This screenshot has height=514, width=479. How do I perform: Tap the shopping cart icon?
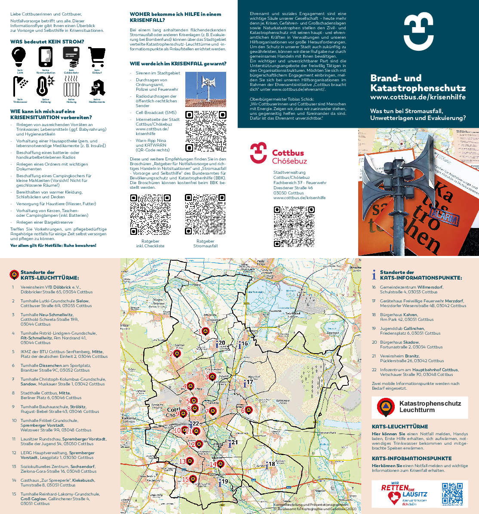pos(97,57)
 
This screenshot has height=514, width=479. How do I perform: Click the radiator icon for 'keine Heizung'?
pos(71,86)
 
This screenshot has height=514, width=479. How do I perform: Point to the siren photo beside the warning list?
pos(206,89)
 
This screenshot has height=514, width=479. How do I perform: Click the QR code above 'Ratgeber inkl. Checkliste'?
pos(150,214)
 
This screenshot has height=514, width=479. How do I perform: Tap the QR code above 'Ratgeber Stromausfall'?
pos(206,214)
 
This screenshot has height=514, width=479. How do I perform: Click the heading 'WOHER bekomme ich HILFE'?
pos(175,17)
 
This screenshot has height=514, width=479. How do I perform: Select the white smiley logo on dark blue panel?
pos(418,31)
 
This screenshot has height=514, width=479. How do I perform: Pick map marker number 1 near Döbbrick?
pos(205,331)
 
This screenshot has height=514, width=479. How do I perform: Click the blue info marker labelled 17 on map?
pos(246,383)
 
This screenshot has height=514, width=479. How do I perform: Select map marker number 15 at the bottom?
pos(193,479)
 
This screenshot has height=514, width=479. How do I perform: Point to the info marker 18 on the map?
pos(267,465)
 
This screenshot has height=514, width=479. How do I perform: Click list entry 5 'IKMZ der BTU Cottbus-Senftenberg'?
pos(64,354)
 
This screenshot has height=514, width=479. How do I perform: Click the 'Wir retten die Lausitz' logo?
pos(404,494)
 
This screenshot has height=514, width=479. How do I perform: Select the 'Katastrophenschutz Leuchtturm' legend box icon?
pos(386,407)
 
